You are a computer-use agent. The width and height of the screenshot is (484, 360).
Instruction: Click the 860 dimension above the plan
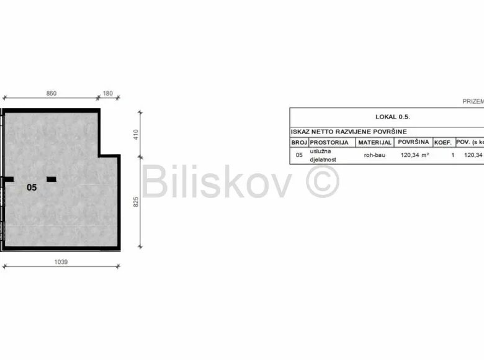pyautogui.click(x=52, y=93)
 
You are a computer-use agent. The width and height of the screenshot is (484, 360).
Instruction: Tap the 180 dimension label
pyautogui.click(x=108, y=93)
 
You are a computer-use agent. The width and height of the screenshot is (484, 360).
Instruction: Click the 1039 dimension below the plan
pyautogui.click(x=61, y=261)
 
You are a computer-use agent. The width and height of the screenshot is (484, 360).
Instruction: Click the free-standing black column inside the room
pyautogui.click(x=52, y=179)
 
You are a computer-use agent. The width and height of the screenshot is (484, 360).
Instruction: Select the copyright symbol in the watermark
pyautogui.click(x=323, y=182)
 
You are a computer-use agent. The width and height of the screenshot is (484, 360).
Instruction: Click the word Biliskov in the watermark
pyautogui.click(x=217, y=182)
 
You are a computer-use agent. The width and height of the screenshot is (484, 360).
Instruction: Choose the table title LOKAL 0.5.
pyautogui.click(x=393, y=116)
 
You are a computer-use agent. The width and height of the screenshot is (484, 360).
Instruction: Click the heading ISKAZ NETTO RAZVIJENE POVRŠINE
pyautogui.click(x=348, y=132)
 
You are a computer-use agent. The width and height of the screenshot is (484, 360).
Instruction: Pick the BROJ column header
pyautogui.click(x=298, y=142)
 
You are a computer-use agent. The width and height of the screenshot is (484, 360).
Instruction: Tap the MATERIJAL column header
pyautogui.click(x=374, y=142)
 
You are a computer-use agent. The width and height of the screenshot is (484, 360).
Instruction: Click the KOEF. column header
pyautogui.click(x=442, y=142)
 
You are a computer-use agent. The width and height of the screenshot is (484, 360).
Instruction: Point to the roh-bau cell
pyautogui.click(x=374, y=155)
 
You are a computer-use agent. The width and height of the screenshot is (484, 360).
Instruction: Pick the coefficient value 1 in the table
pyautogui.click(x=452, y=155)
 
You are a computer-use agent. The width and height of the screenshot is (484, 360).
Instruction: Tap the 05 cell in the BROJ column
pyautogui.click(x=298, y=155)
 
